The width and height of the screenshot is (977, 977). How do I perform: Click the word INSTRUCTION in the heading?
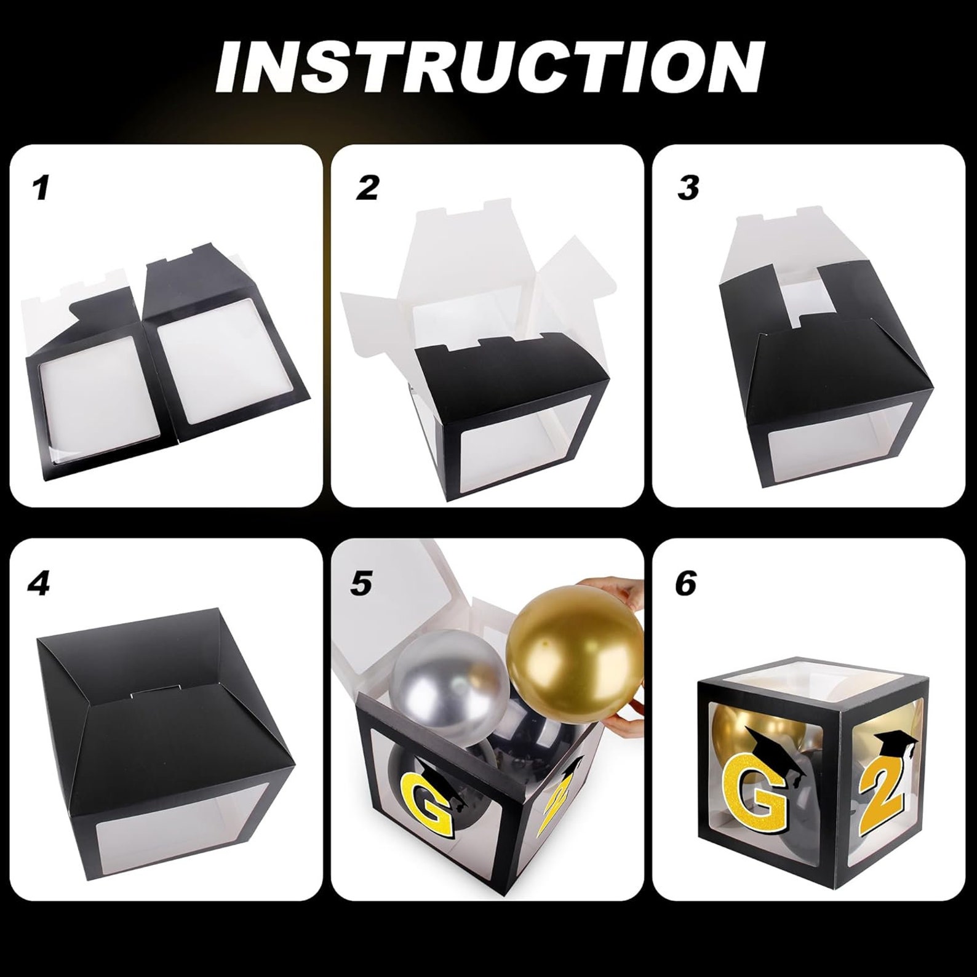pos(489,75)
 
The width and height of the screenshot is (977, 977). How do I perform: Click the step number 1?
pos(41,188)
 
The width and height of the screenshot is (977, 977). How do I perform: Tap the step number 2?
pos(367,188)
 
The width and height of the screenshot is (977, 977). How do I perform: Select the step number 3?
pos(688,188)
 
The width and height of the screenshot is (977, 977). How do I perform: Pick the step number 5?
pos(361,583)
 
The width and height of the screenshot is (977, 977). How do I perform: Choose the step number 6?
pos(685,583)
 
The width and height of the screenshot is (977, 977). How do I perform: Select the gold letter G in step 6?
pos(761,799)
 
